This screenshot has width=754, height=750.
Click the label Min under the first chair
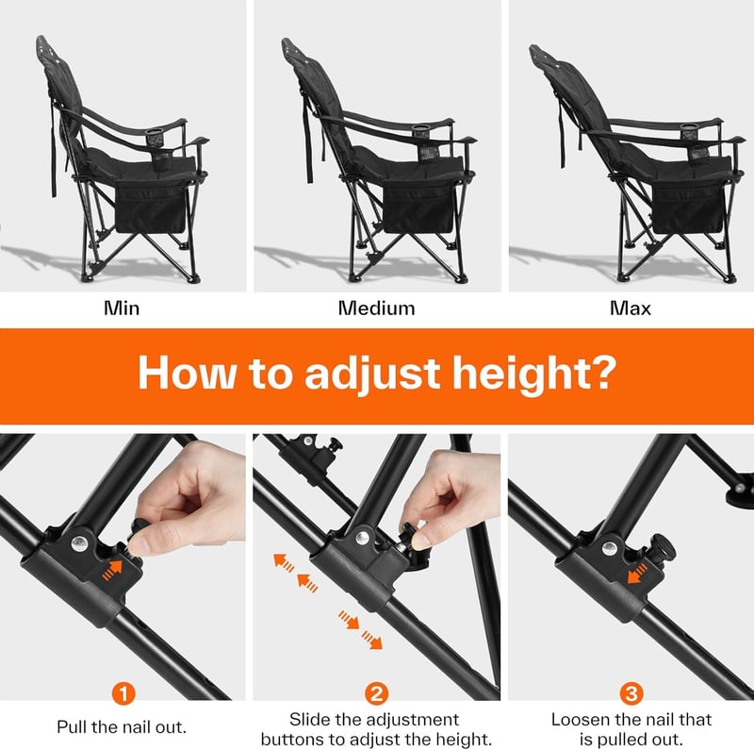point(122,308)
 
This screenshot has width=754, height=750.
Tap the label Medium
point(376,308)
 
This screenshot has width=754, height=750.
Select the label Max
point(631,308)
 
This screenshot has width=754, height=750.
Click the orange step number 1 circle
point(123,693)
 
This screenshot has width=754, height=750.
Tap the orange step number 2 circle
point(376,693)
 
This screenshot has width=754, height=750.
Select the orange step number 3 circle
point(631,693)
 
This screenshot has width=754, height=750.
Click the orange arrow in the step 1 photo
point(112,570)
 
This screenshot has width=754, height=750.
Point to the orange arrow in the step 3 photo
point(638,574)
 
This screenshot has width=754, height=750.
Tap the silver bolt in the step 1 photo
point(80,544)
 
